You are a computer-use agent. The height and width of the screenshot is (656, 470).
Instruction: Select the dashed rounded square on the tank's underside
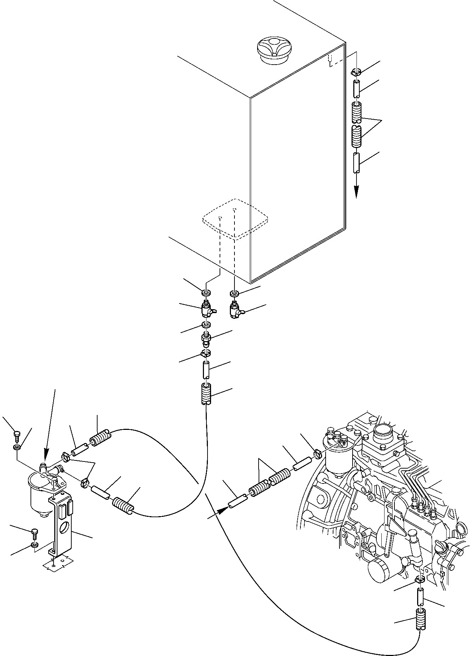pyautogui.click(x=235, y=219)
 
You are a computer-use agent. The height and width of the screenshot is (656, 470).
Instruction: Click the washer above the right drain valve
pyautogui.click(x=234, y=293)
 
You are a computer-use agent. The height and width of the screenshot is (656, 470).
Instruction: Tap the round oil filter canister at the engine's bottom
pyautogui.click(x=380, y=572)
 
